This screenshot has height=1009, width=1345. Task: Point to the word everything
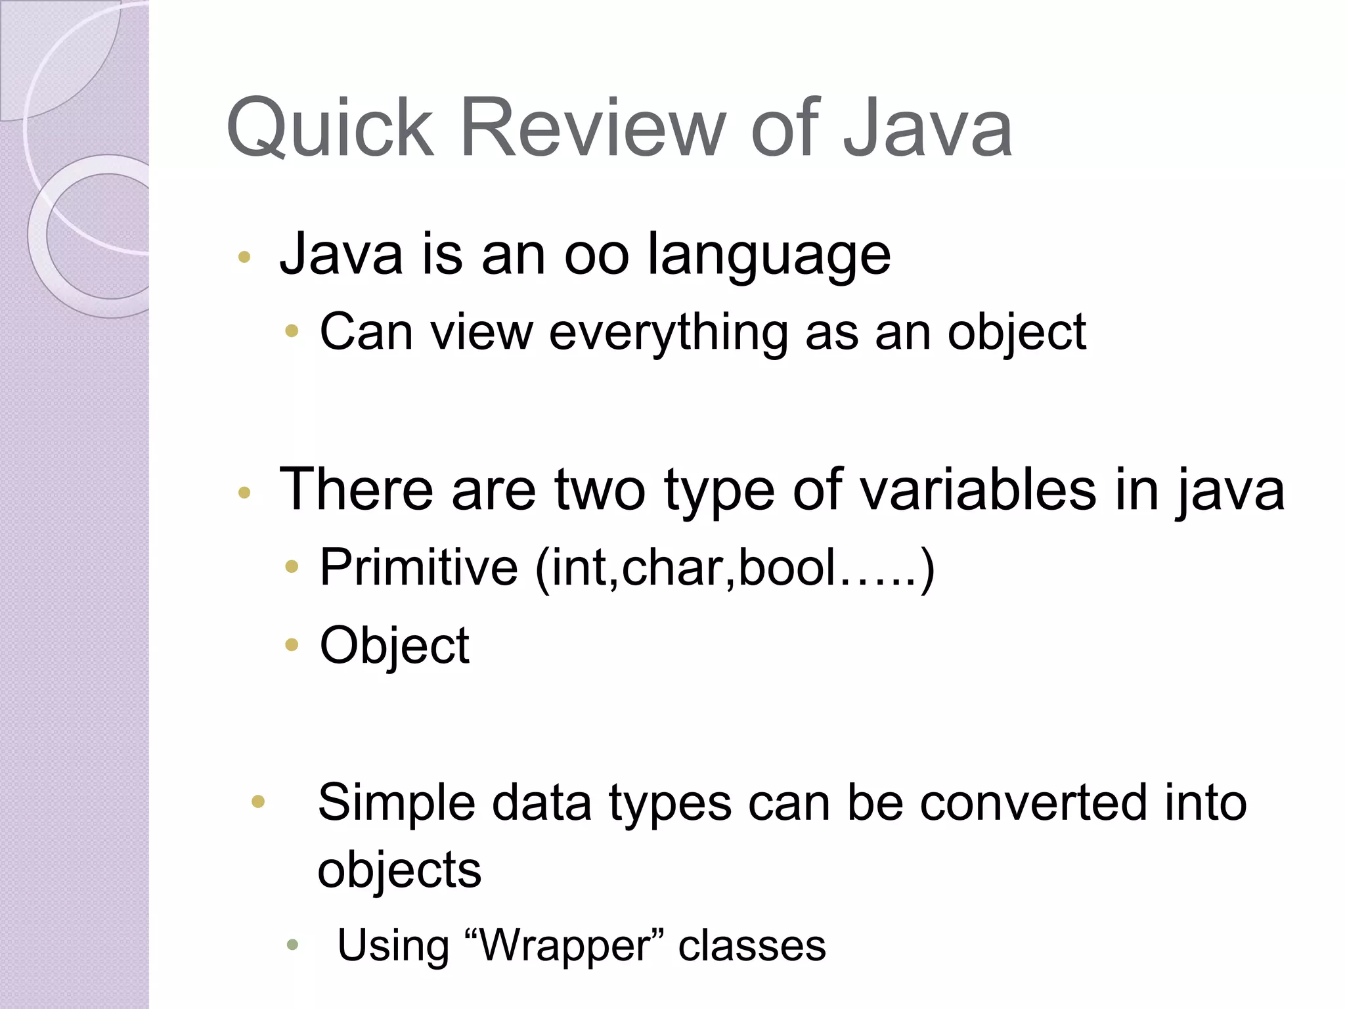tap(668, 333)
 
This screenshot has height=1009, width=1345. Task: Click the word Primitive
tap(419, 567)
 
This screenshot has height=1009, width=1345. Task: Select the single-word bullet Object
tap(395, 646)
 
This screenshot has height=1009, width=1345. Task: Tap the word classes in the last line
tap(752, 946)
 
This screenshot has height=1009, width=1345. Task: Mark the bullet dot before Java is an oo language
tap(244, 258)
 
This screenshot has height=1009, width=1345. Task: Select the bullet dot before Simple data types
tap(258, 801)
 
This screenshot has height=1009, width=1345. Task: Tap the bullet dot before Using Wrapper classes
tap(293, 946)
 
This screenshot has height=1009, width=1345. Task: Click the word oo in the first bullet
tap(596, 256)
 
